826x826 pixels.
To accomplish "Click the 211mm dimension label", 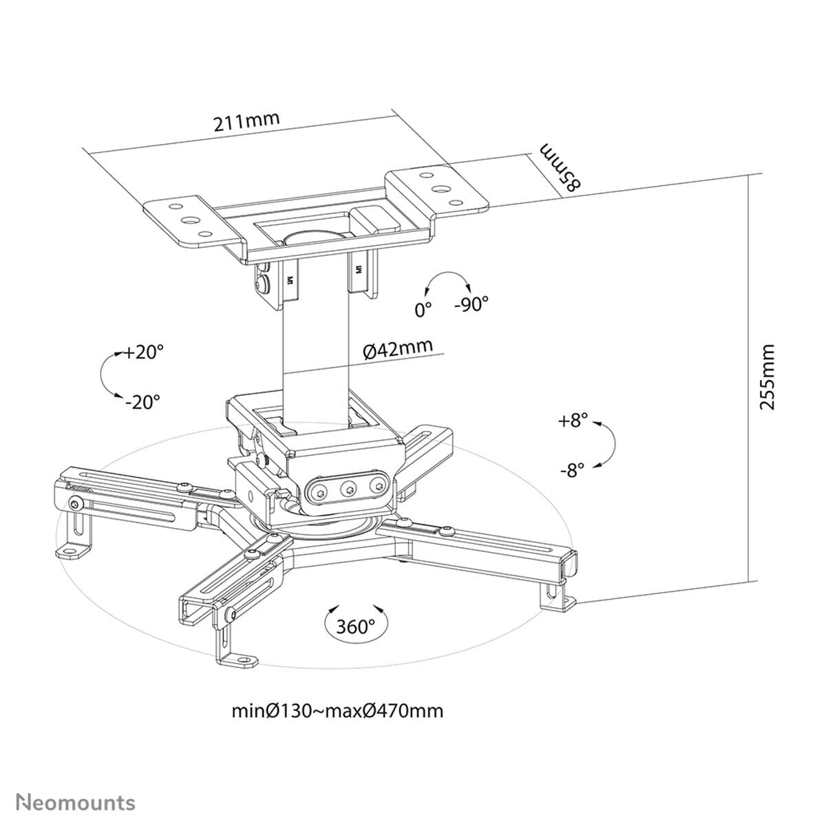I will [x=246, y=122].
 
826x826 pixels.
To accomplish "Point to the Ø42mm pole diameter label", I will [x=398, y=349].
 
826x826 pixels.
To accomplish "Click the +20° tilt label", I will [x=144, y=352].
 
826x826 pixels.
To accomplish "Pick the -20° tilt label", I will [x=142, y=401].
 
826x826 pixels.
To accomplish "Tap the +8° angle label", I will [x=573, y=421].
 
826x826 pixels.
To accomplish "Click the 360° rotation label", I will [x=355, y=626].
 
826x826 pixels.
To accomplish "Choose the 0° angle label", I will [x=423, y=310].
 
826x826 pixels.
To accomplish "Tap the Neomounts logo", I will [x=76, y=802].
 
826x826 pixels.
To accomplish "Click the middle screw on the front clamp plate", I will [x=348, y=489].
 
